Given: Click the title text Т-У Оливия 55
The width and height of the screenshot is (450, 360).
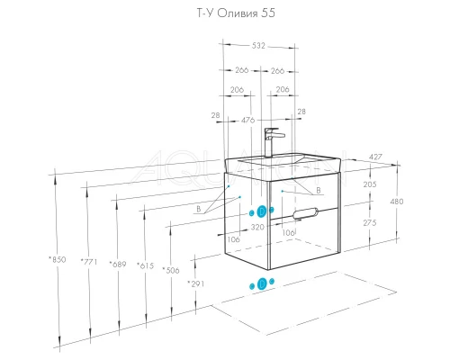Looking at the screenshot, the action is coord(236,13).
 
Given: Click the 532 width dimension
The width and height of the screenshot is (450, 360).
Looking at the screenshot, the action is coord(258,46).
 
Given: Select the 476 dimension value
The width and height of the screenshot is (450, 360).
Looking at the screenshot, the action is coord(248,120).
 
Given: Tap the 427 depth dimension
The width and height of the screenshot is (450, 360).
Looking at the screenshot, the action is coord(375,157).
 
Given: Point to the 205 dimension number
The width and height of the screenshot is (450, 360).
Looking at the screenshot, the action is coord(370,184).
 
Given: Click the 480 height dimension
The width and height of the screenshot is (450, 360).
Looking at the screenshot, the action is coord(397,202).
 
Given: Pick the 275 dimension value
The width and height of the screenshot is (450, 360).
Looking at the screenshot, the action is coord(370,223).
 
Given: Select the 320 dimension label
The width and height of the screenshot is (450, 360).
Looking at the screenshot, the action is coord(257,227).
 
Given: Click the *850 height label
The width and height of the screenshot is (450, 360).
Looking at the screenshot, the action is coord(57,259).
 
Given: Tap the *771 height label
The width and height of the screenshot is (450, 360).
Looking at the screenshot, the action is coord(89,262).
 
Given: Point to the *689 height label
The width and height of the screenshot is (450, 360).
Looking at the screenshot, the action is coord(118,265).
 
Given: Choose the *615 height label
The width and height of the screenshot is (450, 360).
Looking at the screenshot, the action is coord(145,265).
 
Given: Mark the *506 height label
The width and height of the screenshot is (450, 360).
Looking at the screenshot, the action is coord(171,270).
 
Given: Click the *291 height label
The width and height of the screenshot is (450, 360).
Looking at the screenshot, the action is coord(196,283).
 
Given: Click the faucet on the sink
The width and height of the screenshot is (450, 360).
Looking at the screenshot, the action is coord(273,142).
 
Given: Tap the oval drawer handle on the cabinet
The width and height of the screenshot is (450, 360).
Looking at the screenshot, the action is coord(305,212).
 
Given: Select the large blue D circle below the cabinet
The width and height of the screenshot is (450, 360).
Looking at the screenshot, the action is coord(262,283).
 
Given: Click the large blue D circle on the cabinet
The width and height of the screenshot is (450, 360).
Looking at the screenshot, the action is coord(262,211).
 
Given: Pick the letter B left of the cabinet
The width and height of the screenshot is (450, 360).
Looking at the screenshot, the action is coord(199,209).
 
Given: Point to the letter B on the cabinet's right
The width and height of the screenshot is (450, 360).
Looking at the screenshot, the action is coord(319,190).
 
